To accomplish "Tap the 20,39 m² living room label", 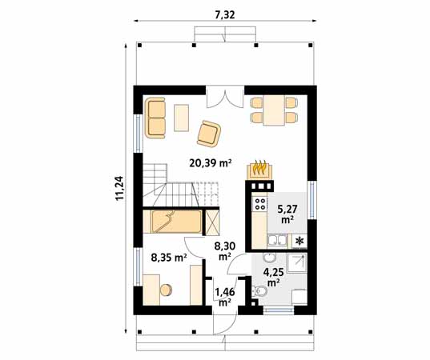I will click(209, 162).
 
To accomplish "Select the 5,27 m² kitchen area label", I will click(286, 213).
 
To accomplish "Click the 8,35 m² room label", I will click(169, 258).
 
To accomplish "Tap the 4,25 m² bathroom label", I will click(274, 276).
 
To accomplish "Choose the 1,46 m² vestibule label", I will click(223, 296).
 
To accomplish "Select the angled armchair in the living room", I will click(209, 133).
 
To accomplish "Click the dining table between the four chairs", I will click(274, 110).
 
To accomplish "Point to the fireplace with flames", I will click(260, 169).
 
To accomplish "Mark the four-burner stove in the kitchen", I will click(260, 203).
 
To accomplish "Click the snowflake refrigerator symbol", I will click(299, 240).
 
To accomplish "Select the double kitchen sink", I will click(274, 240).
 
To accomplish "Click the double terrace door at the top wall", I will click(223, 98).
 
